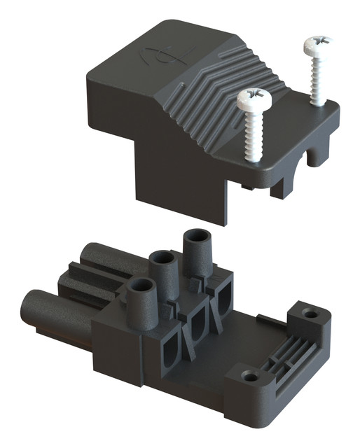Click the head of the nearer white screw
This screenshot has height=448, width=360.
pos(254,99)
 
